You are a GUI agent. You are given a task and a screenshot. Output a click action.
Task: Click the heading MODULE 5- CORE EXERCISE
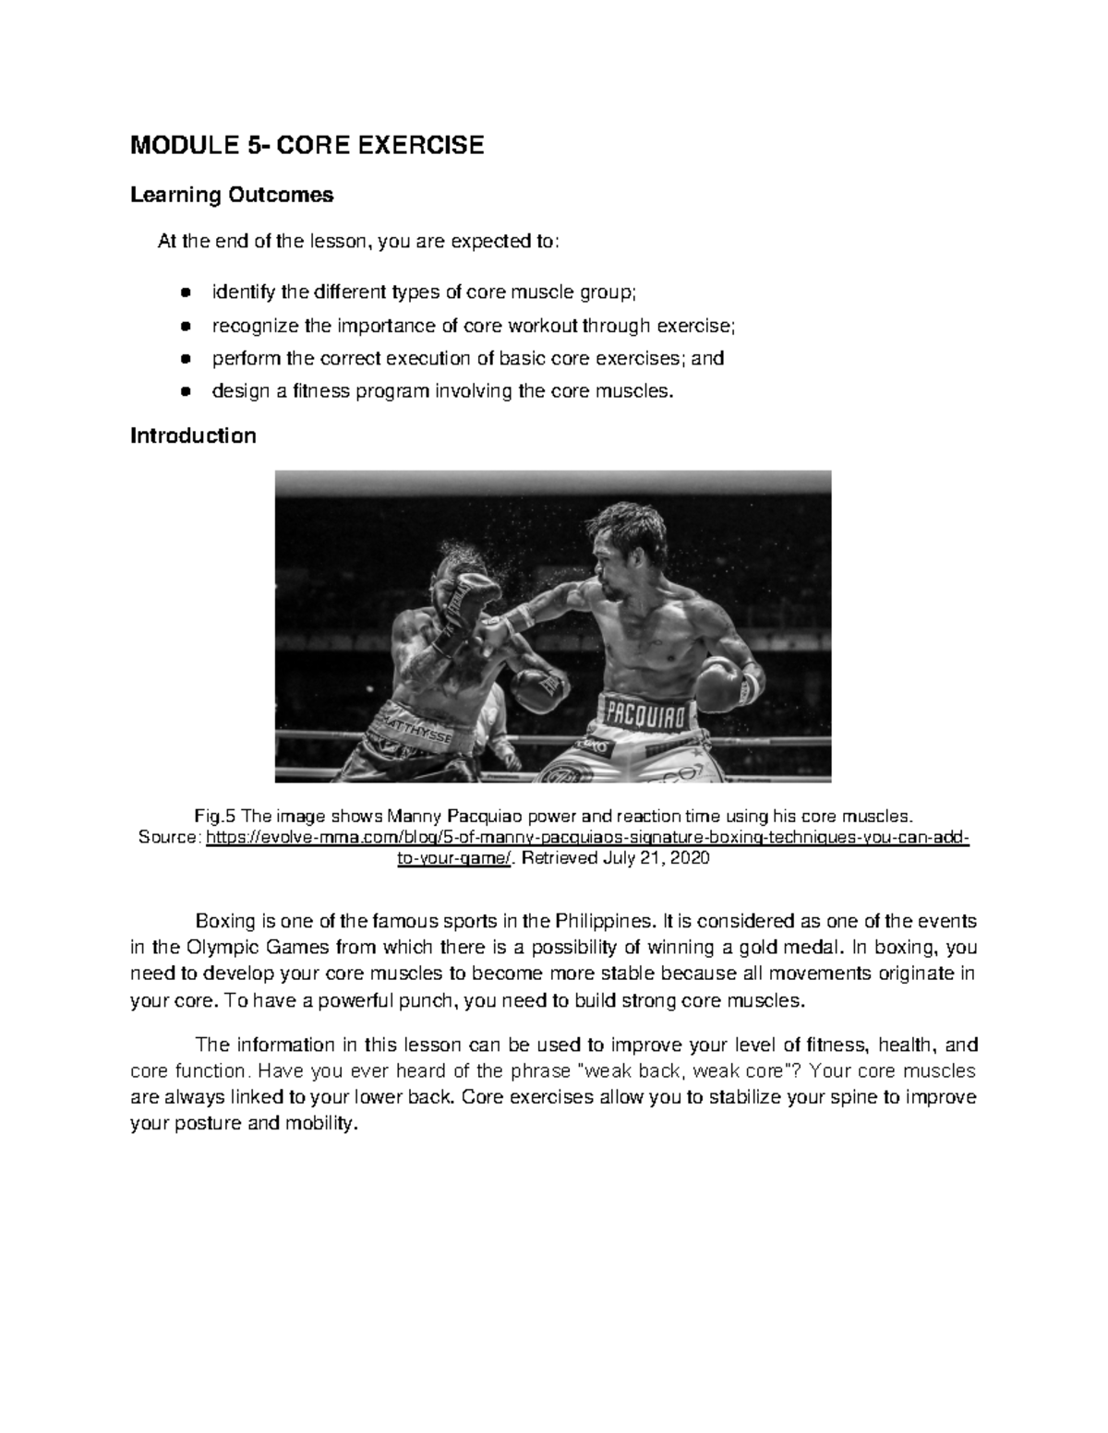click(x=307, y=146)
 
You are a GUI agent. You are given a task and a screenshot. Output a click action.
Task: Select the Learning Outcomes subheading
click(x=232, y=196)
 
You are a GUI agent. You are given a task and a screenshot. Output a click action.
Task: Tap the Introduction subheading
click(x=193, y=436)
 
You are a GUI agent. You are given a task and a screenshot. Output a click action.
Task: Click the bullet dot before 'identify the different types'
click(x=186, y=293)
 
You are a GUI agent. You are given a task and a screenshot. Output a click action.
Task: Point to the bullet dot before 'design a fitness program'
click(x=186, y=391)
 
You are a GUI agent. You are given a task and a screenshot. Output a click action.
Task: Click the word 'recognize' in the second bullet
click(x=255, y=326)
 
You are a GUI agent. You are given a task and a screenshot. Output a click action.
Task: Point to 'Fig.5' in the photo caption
click(x=216, y=816)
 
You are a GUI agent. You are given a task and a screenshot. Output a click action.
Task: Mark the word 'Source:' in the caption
click(x=167, y=838)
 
